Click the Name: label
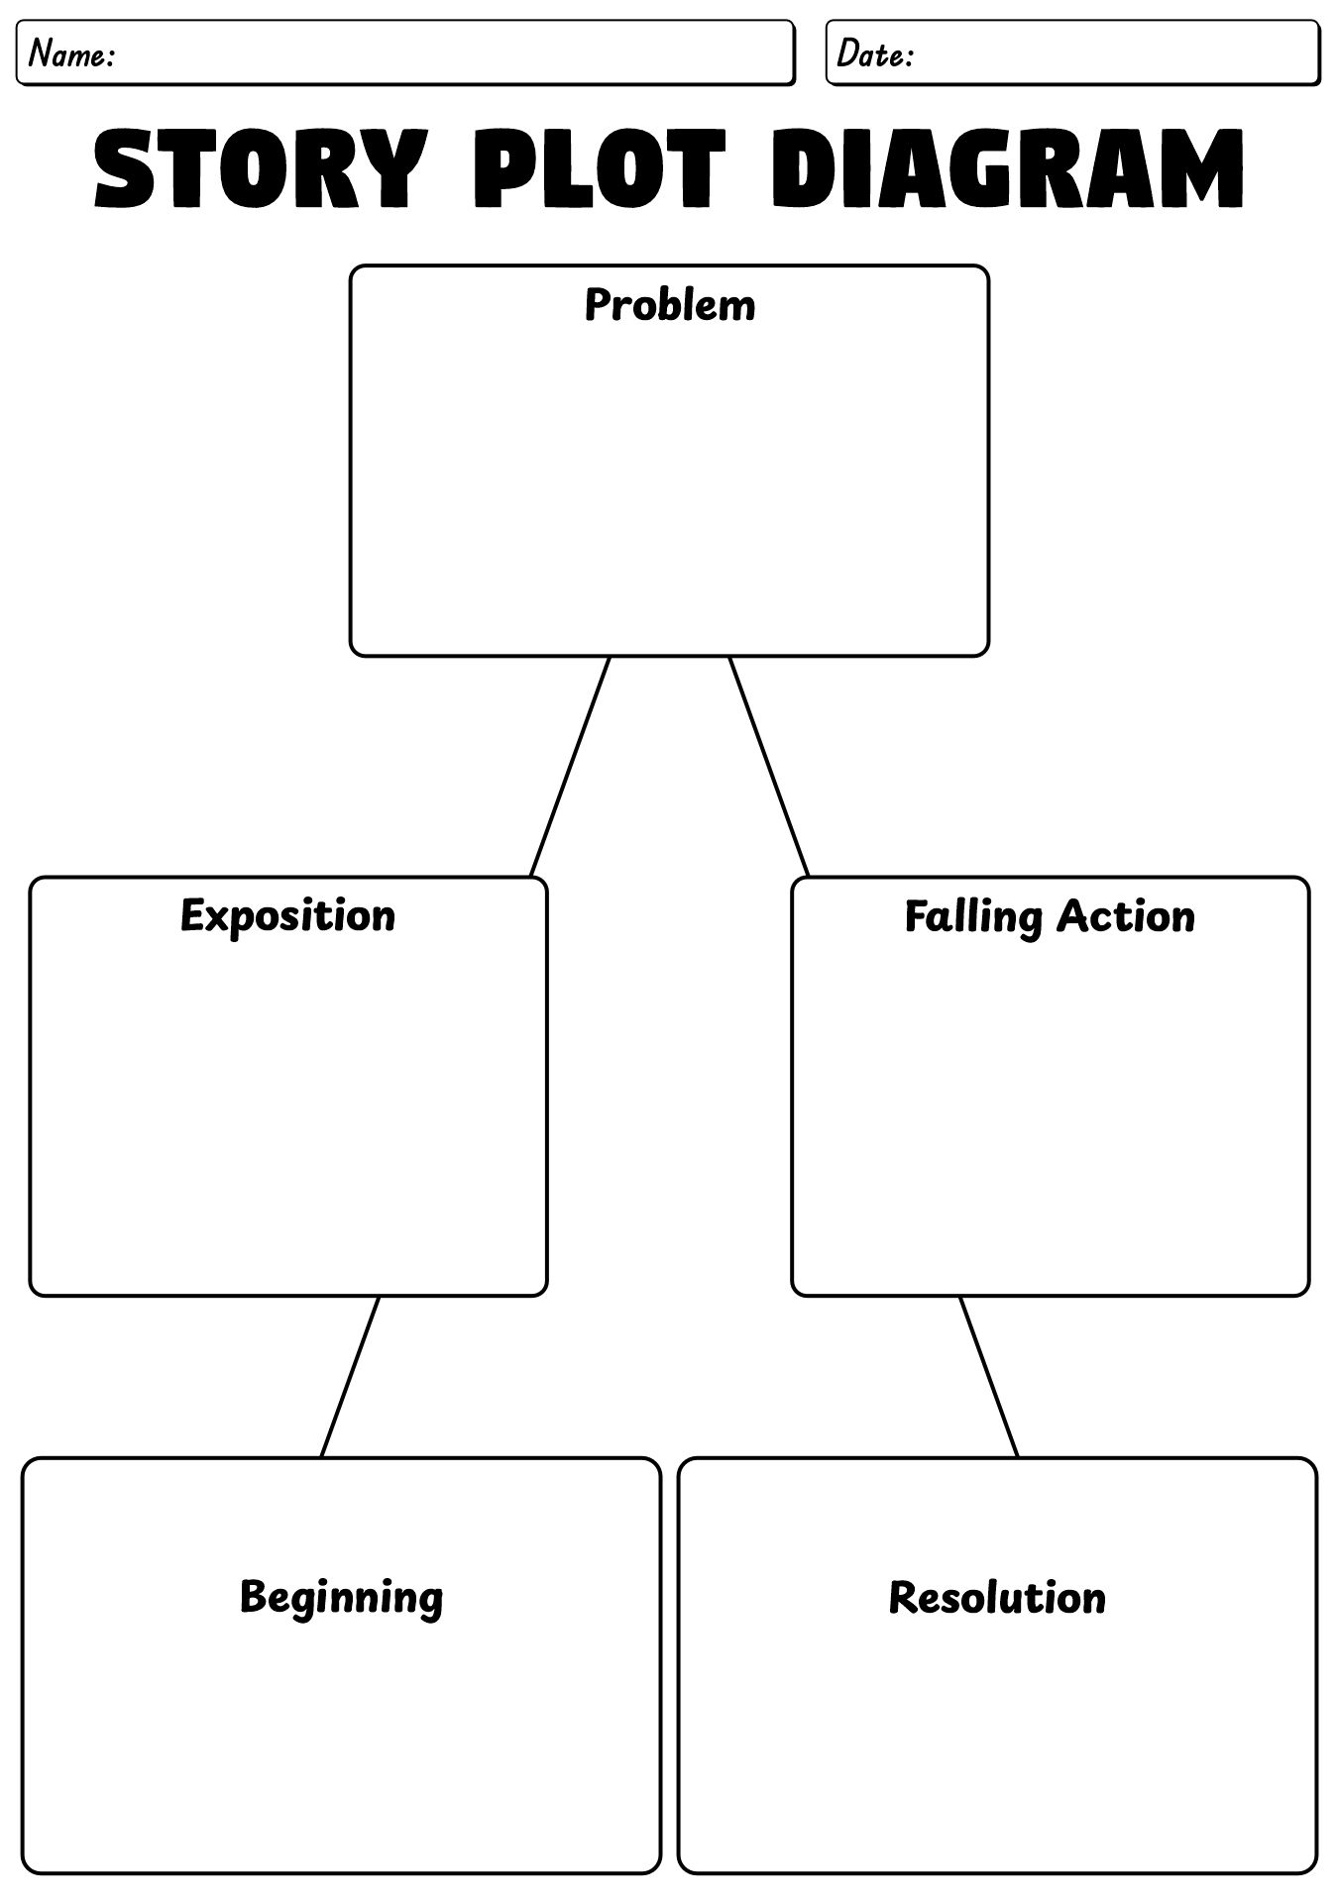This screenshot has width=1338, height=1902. tap(71, 54)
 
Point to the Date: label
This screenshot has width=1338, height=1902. tap(873, 54)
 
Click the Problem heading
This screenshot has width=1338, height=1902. tap(669, 305)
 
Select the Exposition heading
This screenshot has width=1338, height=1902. tap(287, 915)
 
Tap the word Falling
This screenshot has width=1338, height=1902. tap(973, 917)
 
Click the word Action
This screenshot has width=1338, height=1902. tap(1125, 917)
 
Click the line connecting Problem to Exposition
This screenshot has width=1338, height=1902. tap(570, 767)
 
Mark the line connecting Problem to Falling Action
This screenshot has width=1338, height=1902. tap(769, 767)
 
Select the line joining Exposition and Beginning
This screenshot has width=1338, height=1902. tap(350, 1377)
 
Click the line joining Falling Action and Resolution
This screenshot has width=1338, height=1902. tap(988, 1377)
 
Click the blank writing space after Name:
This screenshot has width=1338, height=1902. tap(446, 54)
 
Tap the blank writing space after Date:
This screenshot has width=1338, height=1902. tap(1110, 54)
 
